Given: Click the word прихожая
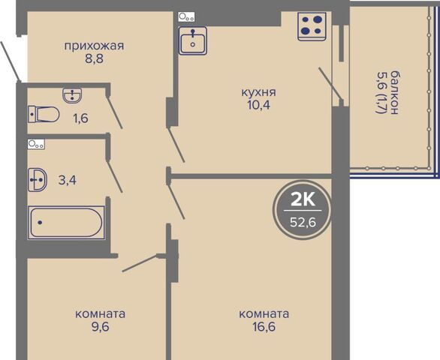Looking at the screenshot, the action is point(94,46).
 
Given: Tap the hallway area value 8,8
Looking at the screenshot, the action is point(95,59).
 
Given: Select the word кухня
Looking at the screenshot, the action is point(259,92).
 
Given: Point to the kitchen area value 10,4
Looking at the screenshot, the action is point(258,105).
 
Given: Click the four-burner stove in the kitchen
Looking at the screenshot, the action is point(312,26).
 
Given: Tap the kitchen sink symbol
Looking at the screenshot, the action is point(193,40).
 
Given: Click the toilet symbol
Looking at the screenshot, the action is point(44,115).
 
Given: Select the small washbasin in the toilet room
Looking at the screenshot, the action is point(72,95).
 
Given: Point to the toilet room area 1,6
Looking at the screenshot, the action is point(81,118).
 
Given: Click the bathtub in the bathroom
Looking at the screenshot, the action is point(66,223).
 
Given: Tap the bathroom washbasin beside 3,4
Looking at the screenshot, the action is point(38,180).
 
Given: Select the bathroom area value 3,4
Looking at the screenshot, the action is point(68,180).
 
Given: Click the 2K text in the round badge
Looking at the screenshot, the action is point(303,200).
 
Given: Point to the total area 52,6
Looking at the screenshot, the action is point(303,222).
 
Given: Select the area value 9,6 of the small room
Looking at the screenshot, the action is point(100,327).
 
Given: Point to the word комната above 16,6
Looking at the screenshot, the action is point(264,314).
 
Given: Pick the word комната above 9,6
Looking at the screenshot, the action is point(100,314).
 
